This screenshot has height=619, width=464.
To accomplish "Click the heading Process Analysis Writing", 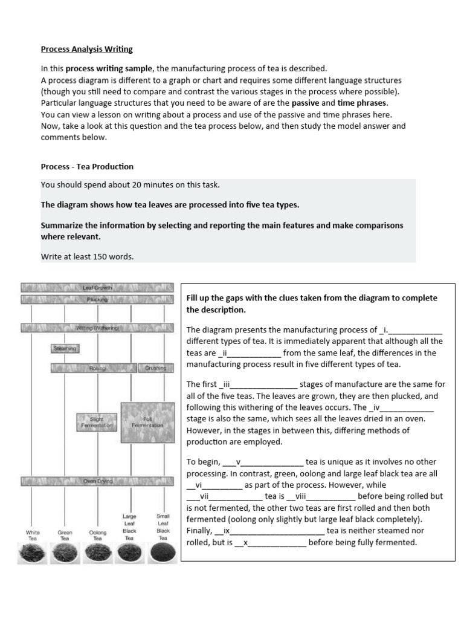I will [x=86, y=49].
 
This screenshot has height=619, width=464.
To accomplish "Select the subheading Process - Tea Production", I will [x=87, y=166].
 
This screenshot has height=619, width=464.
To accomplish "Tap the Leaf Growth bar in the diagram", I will [x=97, y=288].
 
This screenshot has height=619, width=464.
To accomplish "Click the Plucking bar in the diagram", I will [x=97, y=299].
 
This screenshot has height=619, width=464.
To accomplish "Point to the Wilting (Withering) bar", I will [x=97, y=328].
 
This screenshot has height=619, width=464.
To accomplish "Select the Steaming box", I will [x=65, y=349].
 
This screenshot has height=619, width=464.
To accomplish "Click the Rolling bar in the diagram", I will [x=97, y=368].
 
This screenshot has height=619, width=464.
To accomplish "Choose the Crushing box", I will [x=155, y=368].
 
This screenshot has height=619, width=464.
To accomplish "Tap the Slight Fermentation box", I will [x=97, y=422].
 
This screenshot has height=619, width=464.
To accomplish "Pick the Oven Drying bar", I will [x=97, y=482].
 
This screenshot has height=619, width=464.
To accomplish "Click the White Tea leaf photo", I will [x=33, y=553].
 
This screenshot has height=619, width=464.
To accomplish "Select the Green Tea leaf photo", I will [x=65, y=553].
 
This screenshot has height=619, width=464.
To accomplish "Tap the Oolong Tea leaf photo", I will [x=97, y=553].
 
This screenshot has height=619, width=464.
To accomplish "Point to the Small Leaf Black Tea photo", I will [x=163, y=553].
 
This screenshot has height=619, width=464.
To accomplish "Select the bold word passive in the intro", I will [x=305, y=103].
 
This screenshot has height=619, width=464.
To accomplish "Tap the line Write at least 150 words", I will [x=87, y=256].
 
